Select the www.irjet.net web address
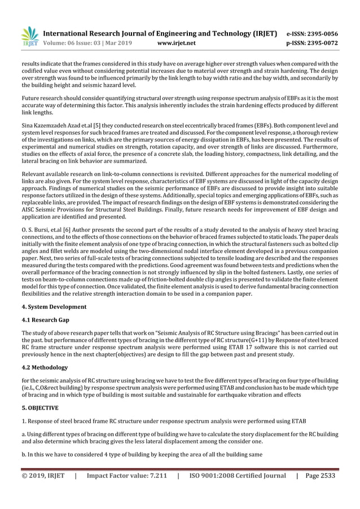point(177,42)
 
